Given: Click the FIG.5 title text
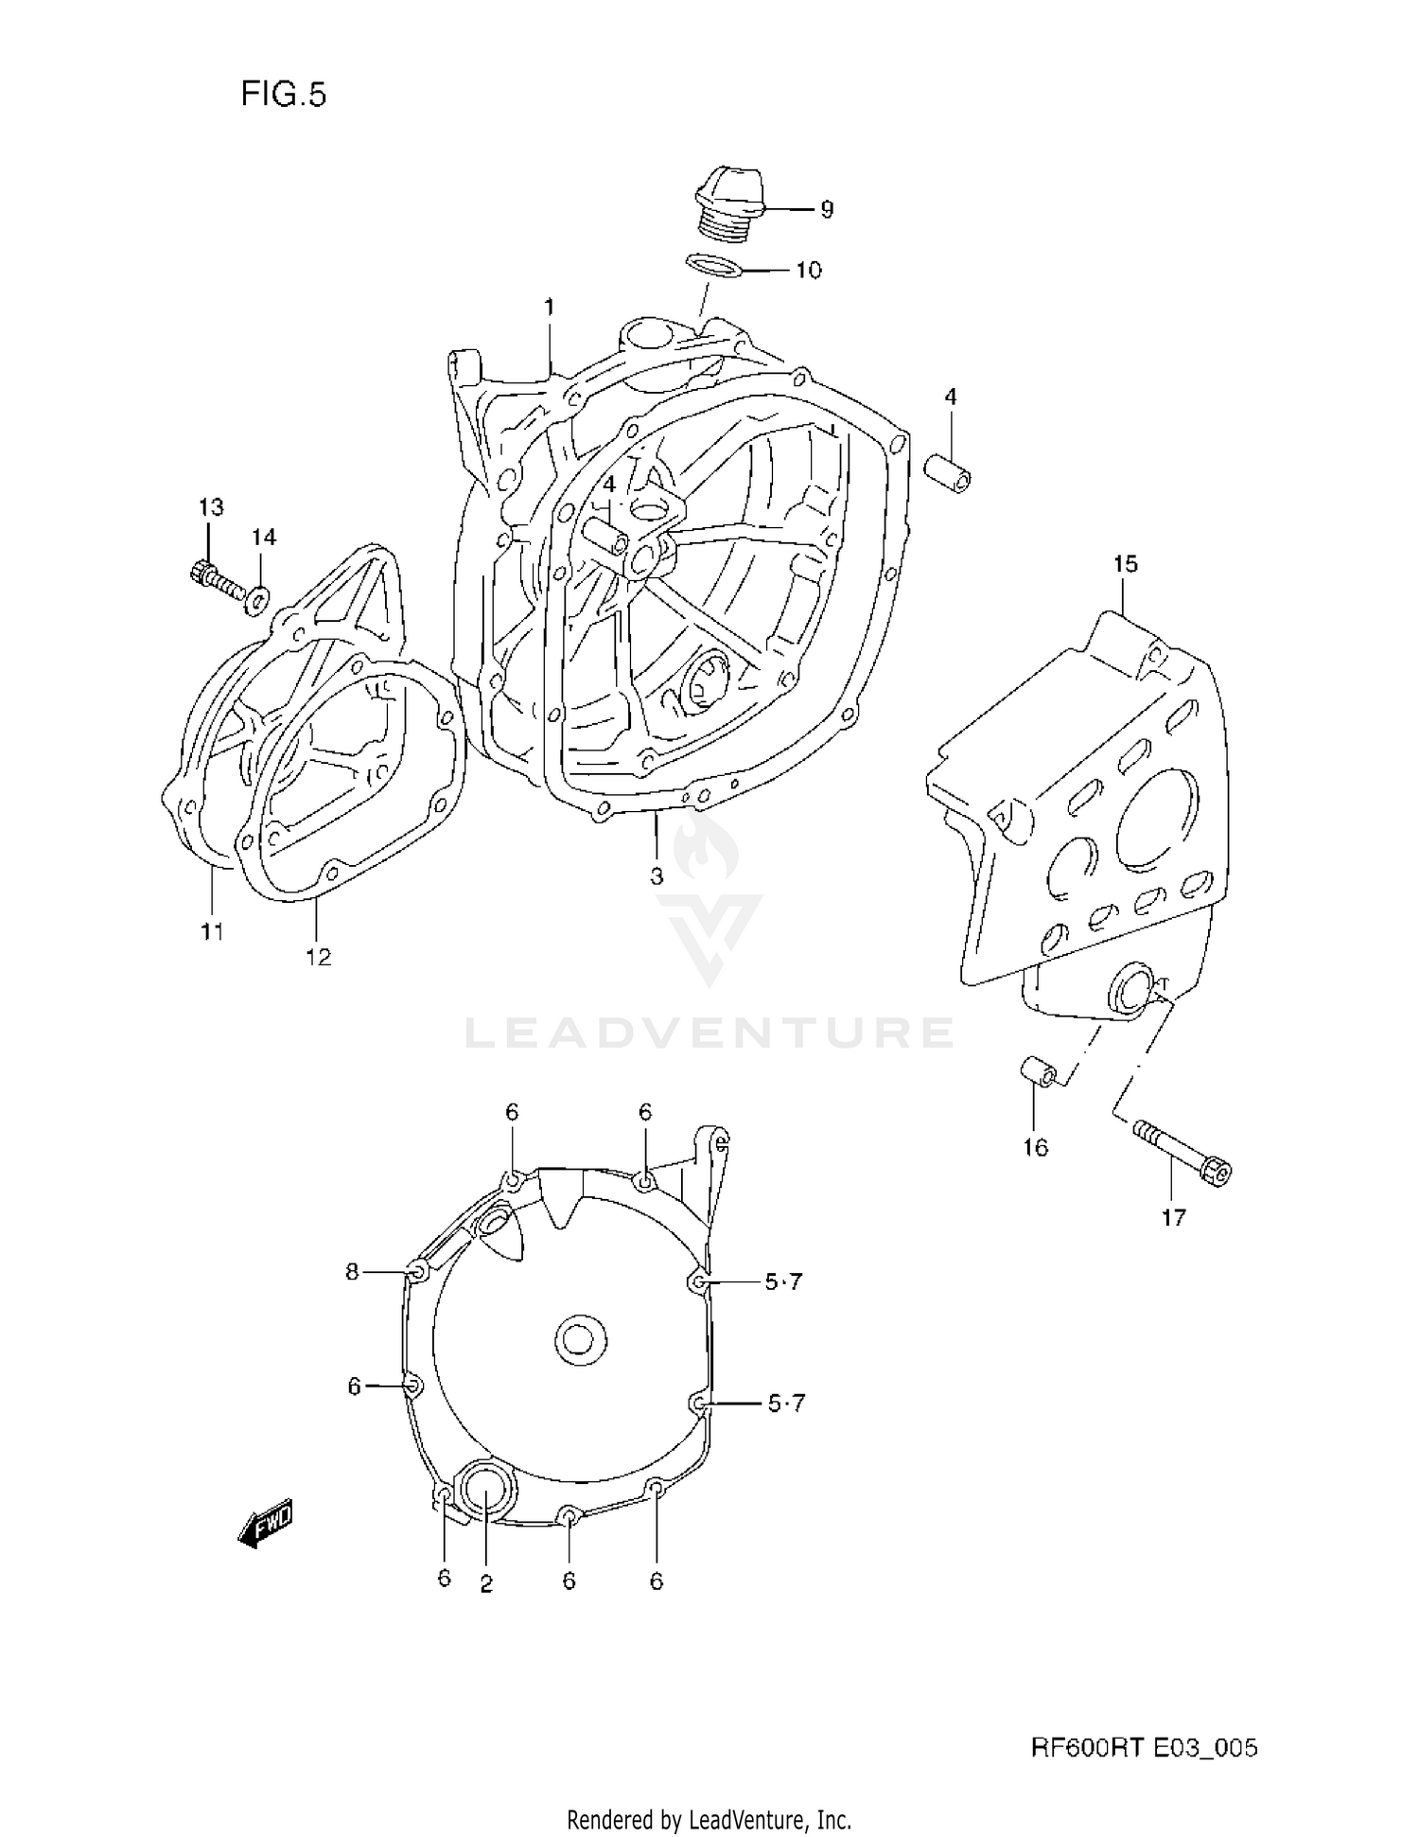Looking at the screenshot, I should point(283,95).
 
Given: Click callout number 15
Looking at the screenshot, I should point(1125,564).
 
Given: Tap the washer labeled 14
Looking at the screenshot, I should point(258,599).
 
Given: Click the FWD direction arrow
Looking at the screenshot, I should point(266,1524).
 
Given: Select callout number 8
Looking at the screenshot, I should point(352,1272).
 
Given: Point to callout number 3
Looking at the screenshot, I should point(657,875).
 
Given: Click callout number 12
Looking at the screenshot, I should point(319,956).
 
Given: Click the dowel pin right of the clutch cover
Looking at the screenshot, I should point(949,472).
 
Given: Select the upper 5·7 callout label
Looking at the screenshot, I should point(783,1281).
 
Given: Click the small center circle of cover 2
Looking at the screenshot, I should point(579,1339).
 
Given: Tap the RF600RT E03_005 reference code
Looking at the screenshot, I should point(1144,1747).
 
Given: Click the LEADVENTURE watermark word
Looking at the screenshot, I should point(709,1033).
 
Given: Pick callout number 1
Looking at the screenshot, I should point(549,307).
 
